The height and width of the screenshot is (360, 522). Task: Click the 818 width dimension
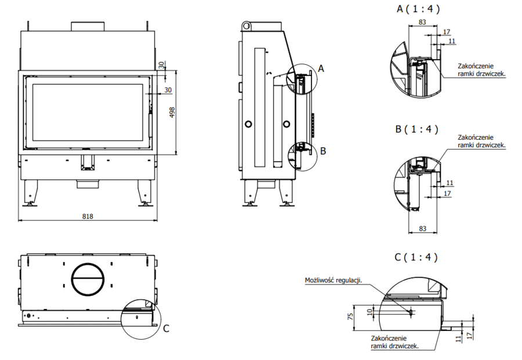tap(88, 216)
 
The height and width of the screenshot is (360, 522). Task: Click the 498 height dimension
tap(171, 112)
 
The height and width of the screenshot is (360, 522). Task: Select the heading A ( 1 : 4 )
tap(417, 9)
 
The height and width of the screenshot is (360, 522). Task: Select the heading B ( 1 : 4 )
tap(417, 129)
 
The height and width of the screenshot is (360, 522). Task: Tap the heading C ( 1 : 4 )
tap(416, 256)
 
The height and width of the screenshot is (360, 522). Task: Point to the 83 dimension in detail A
tap(422, 22)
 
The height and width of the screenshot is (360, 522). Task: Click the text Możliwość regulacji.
tap(333, 281)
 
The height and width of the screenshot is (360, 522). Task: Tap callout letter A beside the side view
tap(321, 68)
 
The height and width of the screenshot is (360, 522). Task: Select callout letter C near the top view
tap(166, 329)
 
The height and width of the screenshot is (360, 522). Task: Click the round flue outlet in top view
tap(88, 279)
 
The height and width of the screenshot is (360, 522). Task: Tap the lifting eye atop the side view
tap(247, 26)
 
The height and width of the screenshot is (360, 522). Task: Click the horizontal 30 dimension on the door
tap(168, 90)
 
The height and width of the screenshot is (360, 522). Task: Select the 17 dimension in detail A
tap(446, 32)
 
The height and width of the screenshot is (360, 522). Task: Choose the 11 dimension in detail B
tap(450, 183)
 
